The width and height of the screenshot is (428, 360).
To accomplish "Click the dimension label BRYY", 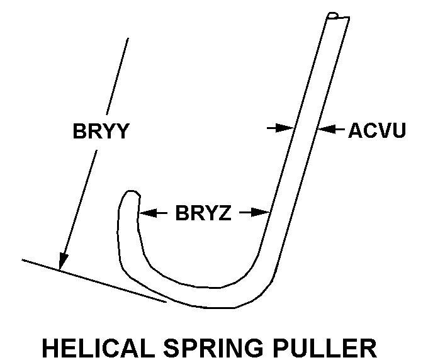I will [101, 132].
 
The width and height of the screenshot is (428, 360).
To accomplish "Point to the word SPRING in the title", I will [221, 347].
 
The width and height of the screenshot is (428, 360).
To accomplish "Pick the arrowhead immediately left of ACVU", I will [325, 129].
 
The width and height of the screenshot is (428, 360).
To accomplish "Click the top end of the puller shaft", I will [337, 17].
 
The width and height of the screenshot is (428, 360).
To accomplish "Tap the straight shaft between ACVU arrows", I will [306, 129].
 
